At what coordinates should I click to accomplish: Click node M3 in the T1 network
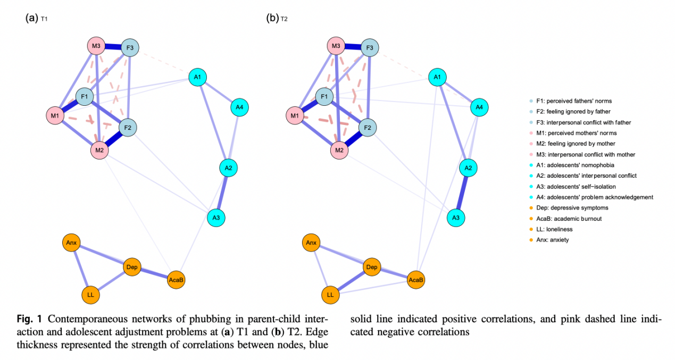tap(96, 46)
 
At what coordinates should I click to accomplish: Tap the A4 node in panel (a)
tap(239, 107)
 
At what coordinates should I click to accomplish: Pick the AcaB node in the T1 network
tap(176, 279)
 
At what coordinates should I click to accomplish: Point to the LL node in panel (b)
tap(330, 294)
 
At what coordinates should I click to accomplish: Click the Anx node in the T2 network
tap(311, 244)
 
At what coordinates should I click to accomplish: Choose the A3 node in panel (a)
tap(216, 217)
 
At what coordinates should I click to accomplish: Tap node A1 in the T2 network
tap(437, 78)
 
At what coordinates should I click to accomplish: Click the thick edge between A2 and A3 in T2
tap(461, 193)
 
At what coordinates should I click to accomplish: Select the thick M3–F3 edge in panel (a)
tap(113, 47)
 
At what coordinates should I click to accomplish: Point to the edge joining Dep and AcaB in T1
tap(154, 273)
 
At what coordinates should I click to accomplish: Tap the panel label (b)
tap(272, 18)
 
